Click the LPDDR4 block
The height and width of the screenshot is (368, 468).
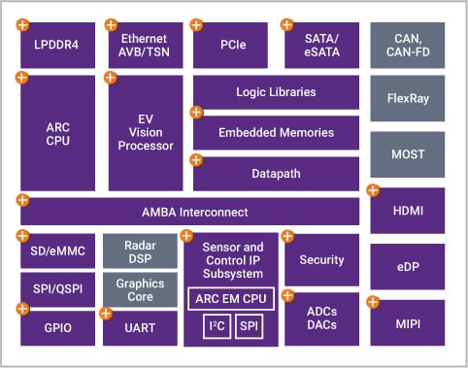tap(57, 45)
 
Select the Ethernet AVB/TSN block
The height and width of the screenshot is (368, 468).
tap(145, 45)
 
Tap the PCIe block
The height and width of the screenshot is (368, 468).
tap(230, 45)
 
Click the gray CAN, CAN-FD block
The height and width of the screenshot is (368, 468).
tap(407, 45)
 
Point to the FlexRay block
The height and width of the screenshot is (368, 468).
tap(407, 99)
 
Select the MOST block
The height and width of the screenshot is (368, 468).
tap(407, 153)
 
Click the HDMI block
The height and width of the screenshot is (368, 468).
tap(407, 210)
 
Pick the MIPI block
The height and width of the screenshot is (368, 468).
tap(407, 321)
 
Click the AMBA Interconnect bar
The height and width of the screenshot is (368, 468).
tap(189, 212)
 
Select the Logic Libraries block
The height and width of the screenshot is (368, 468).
tap(276, 92)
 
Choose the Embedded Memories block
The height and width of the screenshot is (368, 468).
tap(276, 132)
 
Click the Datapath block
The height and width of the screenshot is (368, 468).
tap(276, 173)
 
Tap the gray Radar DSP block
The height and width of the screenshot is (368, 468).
tap(140, 251)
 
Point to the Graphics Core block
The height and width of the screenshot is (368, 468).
tap(140, 289)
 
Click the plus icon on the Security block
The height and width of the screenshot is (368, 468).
tap(288, 237)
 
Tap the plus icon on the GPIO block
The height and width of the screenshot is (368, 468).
tap(23, 309)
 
